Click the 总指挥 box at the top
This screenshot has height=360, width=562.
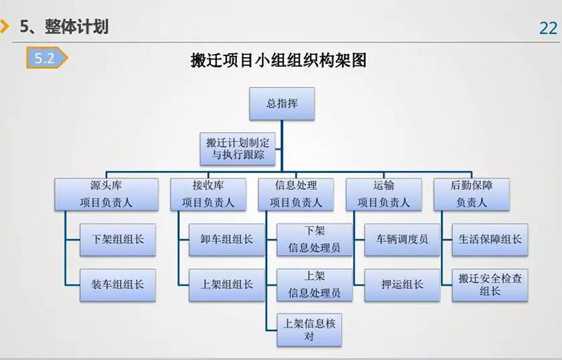[x=282, y=103]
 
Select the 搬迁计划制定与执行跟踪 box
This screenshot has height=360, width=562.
[x=237, y=149]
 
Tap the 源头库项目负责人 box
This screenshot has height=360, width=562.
[x=107, y=194]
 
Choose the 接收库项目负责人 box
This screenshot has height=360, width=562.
[x=208, y=194]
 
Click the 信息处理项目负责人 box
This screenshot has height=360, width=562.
[x=296, y=194]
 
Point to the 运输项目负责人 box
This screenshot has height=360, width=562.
[x=384, y=194]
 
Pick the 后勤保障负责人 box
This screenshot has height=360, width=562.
[x=471, y=194]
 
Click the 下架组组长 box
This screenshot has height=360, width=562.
[x=117, y=240]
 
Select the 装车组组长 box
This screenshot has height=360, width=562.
[x=117, y=285]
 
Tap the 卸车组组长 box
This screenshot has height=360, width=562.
[x=227, y=240]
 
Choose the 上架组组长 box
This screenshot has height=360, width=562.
[x=227, y=285]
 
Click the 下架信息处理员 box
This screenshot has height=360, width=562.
[x=315, y=240]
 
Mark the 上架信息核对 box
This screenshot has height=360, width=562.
[x=309, y=330]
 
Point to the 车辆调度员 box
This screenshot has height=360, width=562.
[x=402, y=240]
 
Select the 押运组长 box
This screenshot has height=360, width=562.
[x=402, y=285]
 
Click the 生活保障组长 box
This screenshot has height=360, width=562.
[x=490, y=240]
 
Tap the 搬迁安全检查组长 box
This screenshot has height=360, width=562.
[x=490, y=285]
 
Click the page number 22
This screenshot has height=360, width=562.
[x=549, y=28]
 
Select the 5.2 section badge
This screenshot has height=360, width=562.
[x=46, y=58]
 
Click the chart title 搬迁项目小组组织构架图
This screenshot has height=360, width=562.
[x=278, y=60]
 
